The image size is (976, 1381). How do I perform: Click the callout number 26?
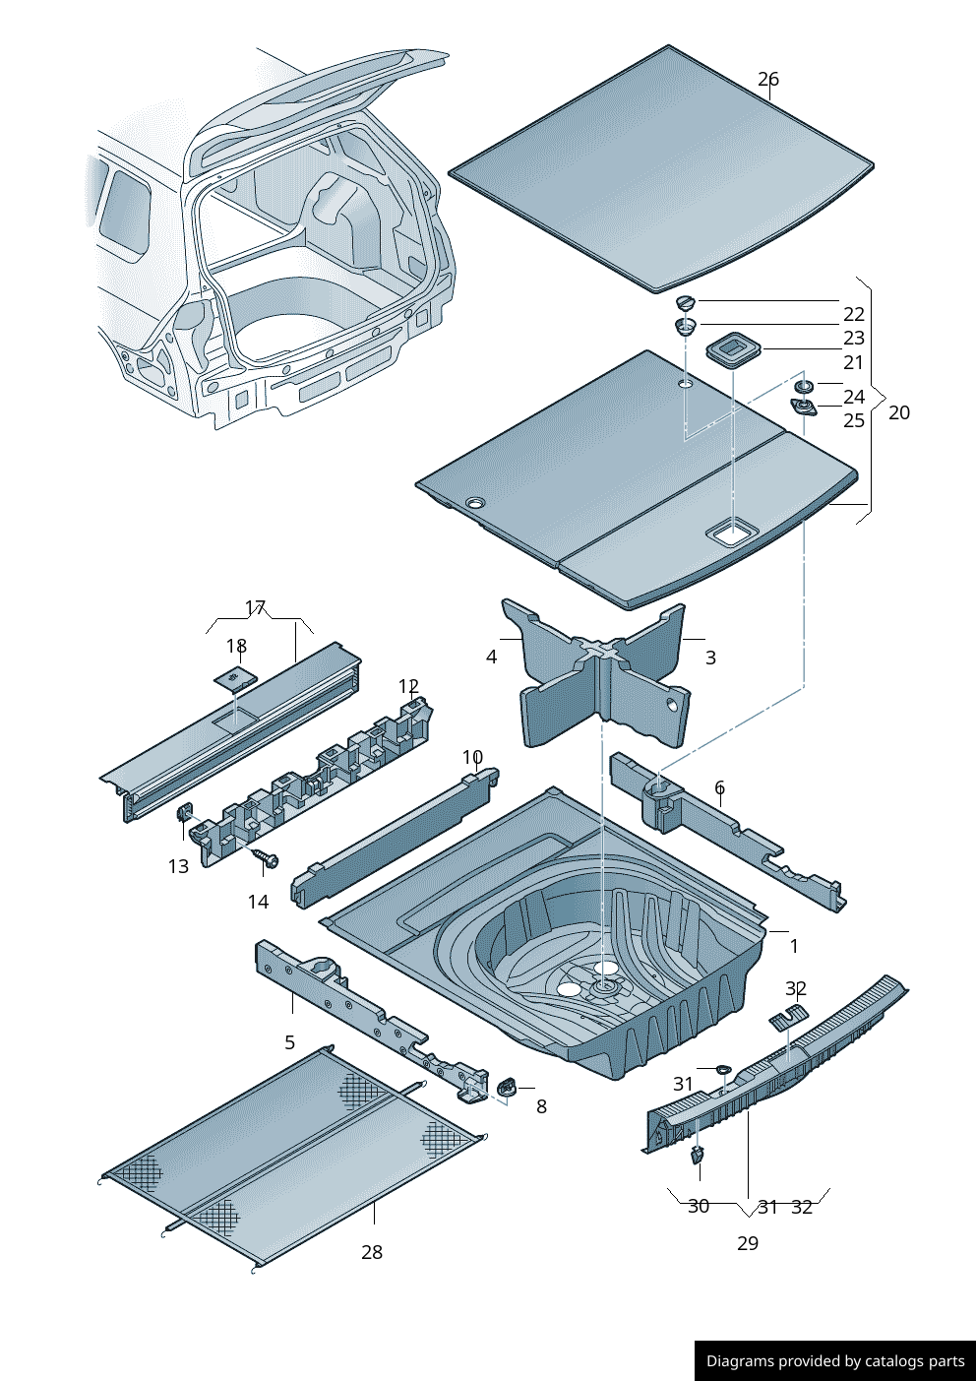[767, 79]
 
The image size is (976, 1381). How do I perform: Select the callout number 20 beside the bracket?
[898, 412]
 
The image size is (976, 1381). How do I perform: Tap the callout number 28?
[371, 1252]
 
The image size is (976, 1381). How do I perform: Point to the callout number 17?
[255, 607]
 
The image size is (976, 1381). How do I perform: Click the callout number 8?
[541, 1106]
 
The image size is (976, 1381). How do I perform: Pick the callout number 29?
[747, 1243]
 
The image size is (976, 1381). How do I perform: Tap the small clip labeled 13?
[183, 813]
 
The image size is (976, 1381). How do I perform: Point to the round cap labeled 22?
[686, 302]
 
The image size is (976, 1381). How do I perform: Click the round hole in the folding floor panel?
[474, 503]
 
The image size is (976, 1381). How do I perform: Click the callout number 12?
[408, 686]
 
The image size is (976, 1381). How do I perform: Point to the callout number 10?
[472, 757]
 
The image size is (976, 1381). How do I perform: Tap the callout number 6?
[719, 787]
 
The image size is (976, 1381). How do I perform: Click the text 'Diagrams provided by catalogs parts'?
[834, 1361]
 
